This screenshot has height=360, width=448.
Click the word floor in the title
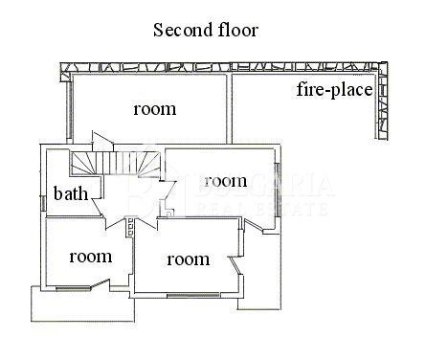tap(238, 30)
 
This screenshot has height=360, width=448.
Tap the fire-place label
tap(334, 90)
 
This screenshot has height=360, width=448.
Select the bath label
tap(71, 193)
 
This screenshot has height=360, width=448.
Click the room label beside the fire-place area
tap(155, 109)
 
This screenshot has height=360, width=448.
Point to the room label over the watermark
tap(226, 181)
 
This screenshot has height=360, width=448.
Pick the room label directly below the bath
tap(91, 257)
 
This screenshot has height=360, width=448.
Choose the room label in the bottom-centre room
tap(189, 259)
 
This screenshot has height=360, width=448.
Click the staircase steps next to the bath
tap(115, 163)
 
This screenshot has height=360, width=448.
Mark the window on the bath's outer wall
tap(42, 203)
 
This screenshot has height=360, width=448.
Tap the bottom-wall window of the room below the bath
tap(73, 289)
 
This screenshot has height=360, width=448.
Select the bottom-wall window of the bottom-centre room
tap(193, 296)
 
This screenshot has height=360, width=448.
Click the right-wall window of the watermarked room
tap(278, 190)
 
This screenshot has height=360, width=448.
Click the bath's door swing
tap(99, 208)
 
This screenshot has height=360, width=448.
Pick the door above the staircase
tap(102, 140)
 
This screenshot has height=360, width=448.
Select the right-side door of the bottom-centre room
tap(236, 265)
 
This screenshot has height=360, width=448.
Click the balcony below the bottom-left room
tap(83, 305)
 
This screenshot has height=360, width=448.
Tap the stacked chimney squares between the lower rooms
tap(130, 227)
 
